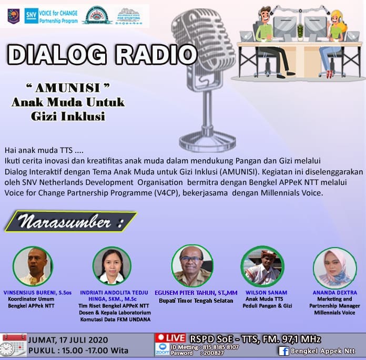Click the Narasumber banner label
pos(69,222)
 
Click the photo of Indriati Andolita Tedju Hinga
pos(111,266)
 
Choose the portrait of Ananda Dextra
pos(334,268)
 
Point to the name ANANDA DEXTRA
pos(334,293)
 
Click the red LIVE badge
pos(171,338)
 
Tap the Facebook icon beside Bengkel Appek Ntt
pos(284,351)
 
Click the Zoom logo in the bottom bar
pos(162,351)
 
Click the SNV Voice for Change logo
pos(53,16)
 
